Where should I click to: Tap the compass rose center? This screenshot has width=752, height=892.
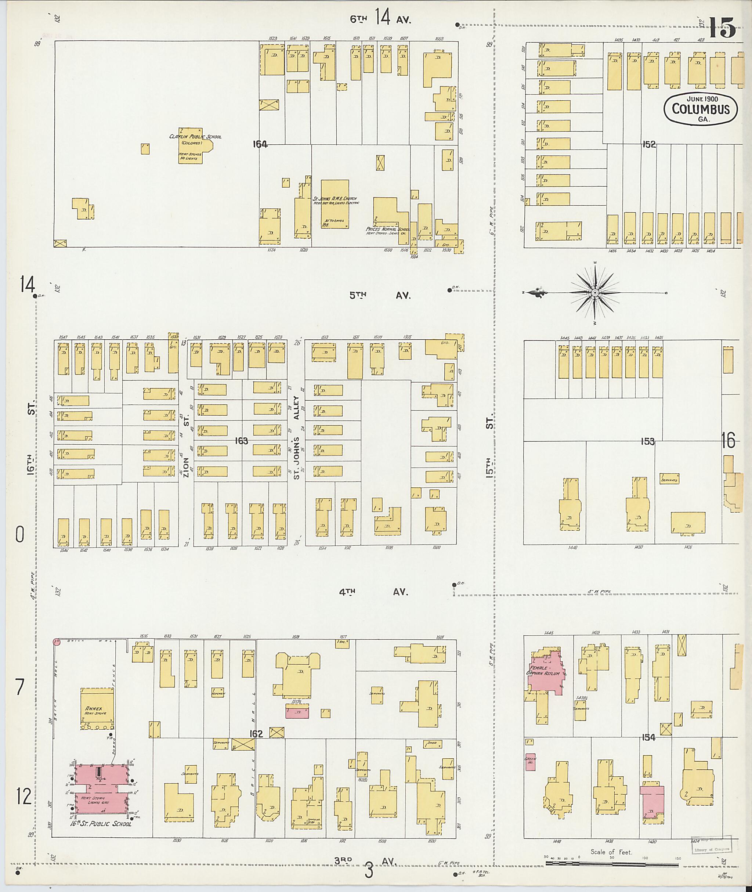click(x=594, y=293)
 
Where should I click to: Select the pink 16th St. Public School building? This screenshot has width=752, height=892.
click(x=101, y=789)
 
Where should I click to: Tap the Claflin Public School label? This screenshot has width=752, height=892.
click(x=195, y=137)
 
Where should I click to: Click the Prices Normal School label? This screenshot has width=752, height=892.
click(x=387, y=229)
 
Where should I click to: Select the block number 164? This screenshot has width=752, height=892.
click(x=260, y=145)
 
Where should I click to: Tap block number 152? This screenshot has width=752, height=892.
click(x=649, y=145)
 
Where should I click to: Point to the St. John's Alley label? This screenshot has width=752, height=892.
click(x=297, y=437)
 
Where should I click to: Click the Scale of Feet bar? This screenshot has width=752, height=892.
click(x=612, y=865)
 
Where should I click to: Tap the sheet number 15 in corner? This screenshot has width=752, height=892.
click(x=722, y=28)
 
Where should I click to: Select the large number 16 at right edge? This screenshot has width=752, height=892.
click(x=728, y=440)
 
